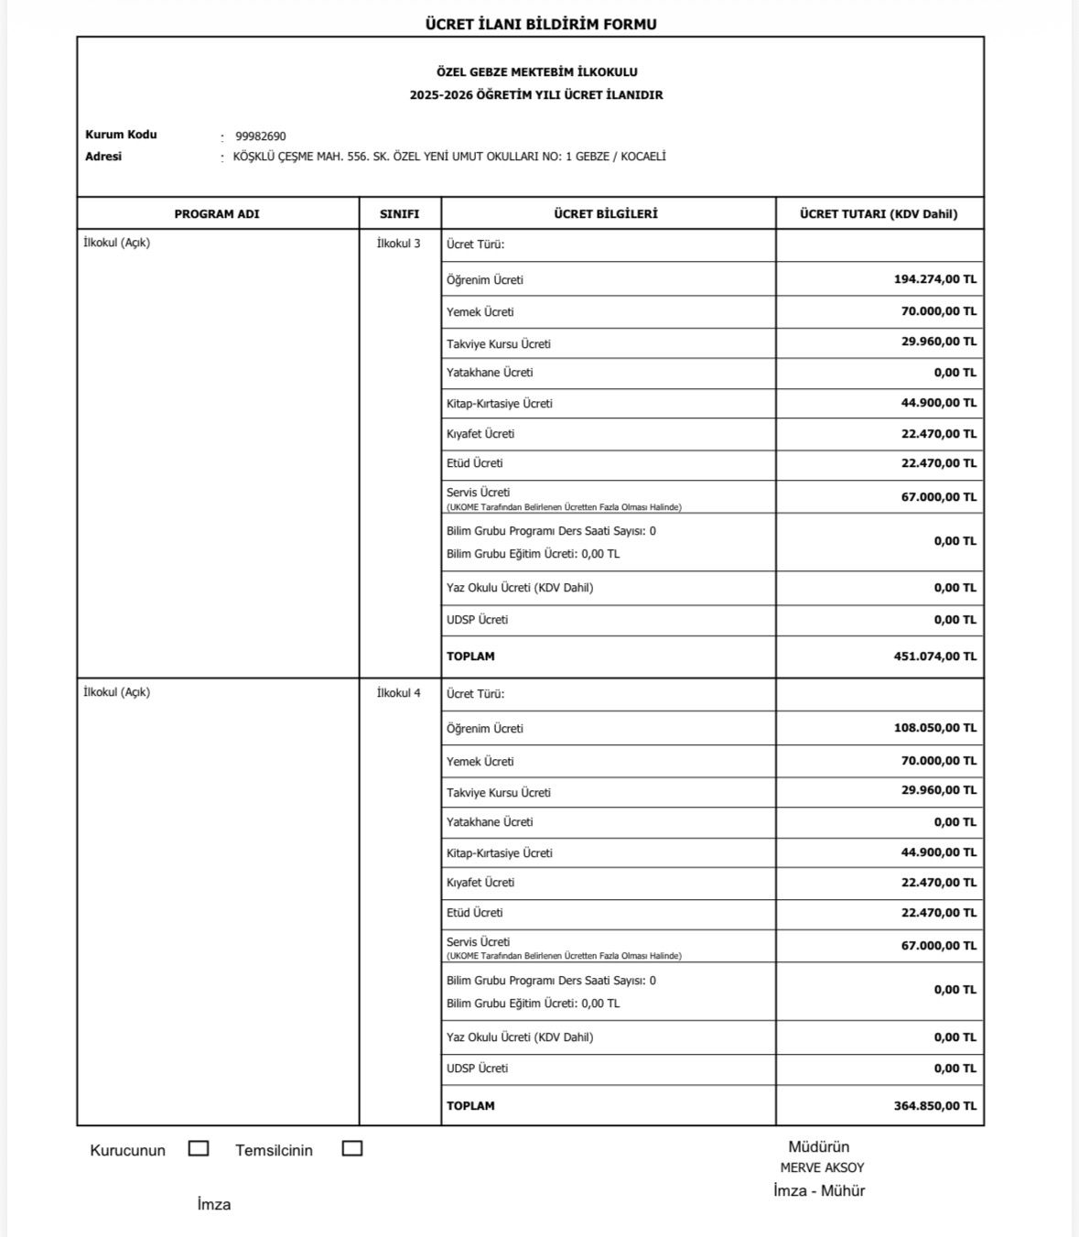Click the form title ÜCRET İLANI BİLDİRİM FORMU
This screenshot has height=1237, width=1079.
[x=540, y=25]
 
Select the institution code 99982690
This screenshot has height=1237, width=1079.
[x=261, y=136]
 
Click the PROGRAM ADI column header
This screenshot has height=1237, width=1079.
[x=217, y=214]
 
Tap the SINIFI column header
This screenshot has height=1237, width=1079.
[x=400, y=214]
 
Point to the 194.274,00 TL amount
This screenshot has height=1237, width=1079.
[x=934, y=279]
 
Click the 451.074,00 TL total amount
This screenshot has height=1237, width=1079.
[x=934, y=656]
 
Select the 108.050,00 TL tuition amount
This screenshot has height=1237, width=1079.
[x=934, y=728]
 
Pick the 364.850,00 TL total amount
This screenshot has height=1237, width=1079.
[x=934, y=1106]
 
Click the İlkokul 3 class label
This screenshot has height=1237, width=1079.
[x=399, y=244]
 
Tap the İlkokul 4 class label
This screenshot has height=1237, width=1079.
[x=399, y=693]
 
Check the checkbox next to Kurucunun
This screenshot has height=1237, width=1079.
[x=199, y=1148]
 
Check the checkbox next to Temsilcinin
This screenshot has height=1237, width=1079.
[x=352, y=1148]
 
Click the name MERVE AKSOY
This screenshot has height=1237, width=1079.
[x=822, y=1168]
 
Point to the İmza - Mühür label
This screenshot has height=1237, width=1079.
[x=819, y=1191]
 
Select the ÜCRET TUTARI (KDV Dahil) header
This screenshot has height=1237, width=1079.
[x=879, y=214]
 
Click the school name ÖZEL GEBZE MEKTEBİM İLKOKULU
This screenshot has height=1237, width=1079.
[x=536, y=72]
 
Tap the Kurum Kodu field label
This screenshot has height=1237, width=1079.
[x=121, y=135]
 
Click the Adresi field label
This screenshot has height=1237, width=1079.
[x=103, y=157]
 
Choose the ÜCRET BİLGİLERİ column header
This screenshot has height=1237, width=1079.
[x=606, y=214]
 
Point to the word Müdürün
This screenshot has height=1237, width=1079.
[x=819, y=1146]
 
